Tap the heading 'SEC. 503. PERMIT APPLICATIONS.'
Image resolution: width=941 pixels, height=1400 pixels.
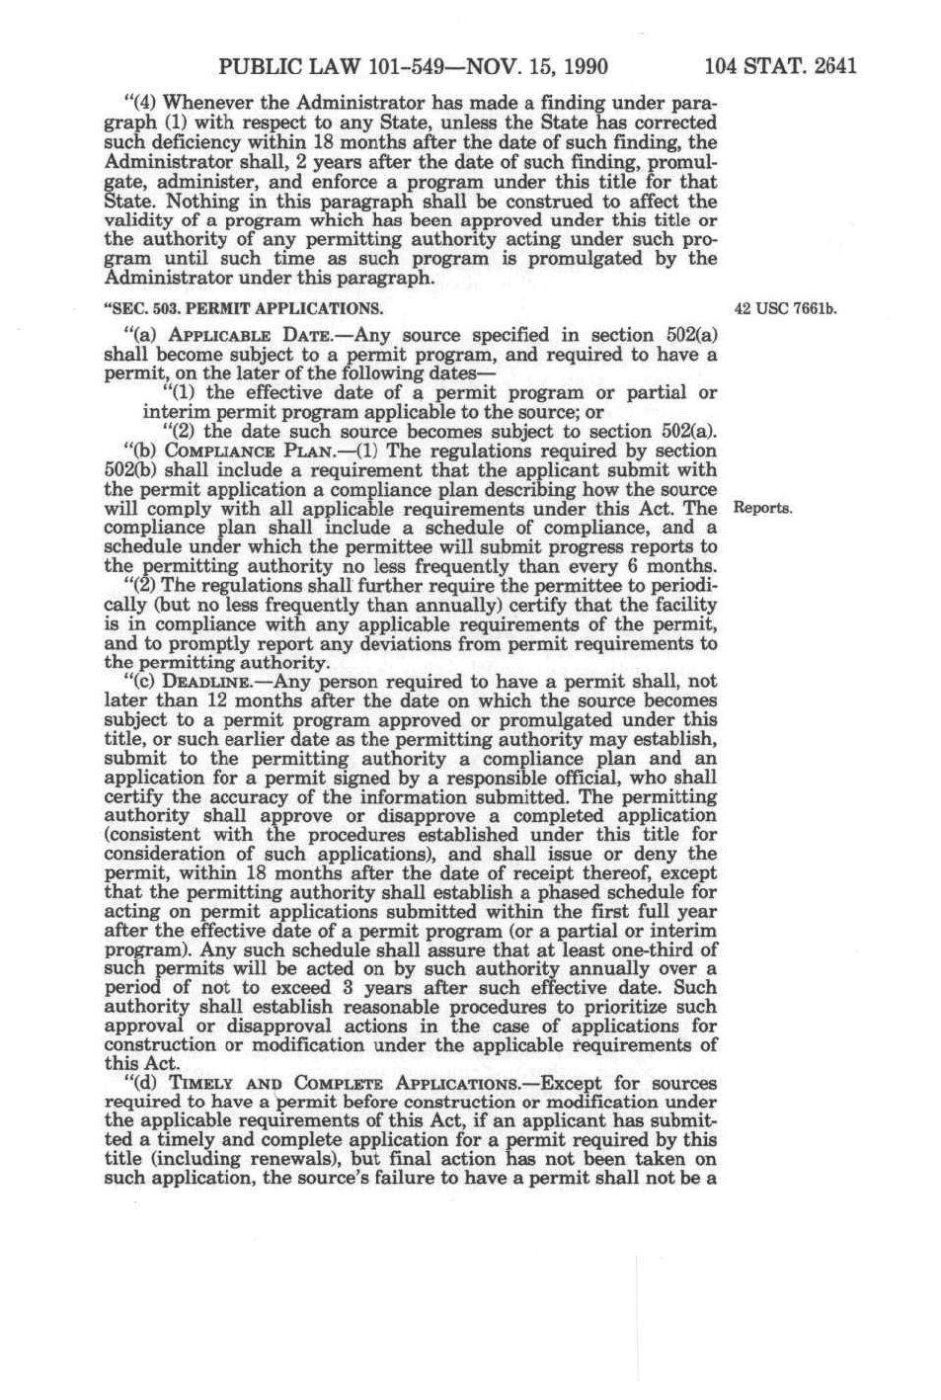coord(243,309)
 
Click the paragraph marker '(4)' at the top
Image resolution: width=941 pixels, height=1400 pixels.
coord(137,103)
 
